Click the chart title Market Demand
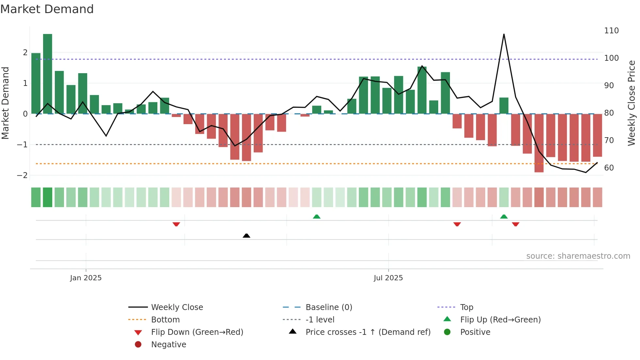[x=47, y=9]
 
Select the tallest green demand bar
[x=48, y=74]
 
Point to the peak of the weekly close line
[x=504, y=34]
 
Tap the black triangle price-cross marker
[x=247, y=236]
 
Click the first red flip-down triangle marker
[x=176, y=224]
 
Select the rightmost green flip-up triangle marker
[x=504, y=217]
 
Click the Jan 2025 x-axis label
[x=86, y=278]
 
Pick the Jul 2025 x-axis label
[x=388, y=278]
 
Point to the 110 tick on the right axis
[x=611, y=31]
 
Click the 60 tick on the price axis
[x=609, y=168]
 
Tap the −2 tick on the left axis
[x=22, y=175]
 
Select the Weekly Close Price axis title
[x=632, y=103]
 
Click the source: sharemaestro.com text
[x=578, y=256]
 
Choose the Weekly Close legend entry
[x=177, y=307]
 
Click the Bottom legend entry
[x=165, y=320]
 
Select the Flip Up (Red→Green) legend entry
[x=500, y=320]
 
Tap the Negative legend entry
[x=168, y=345]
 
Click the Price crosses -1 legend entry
[x=368, y=332]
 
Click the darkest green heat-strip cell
[x=48, y=197]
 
